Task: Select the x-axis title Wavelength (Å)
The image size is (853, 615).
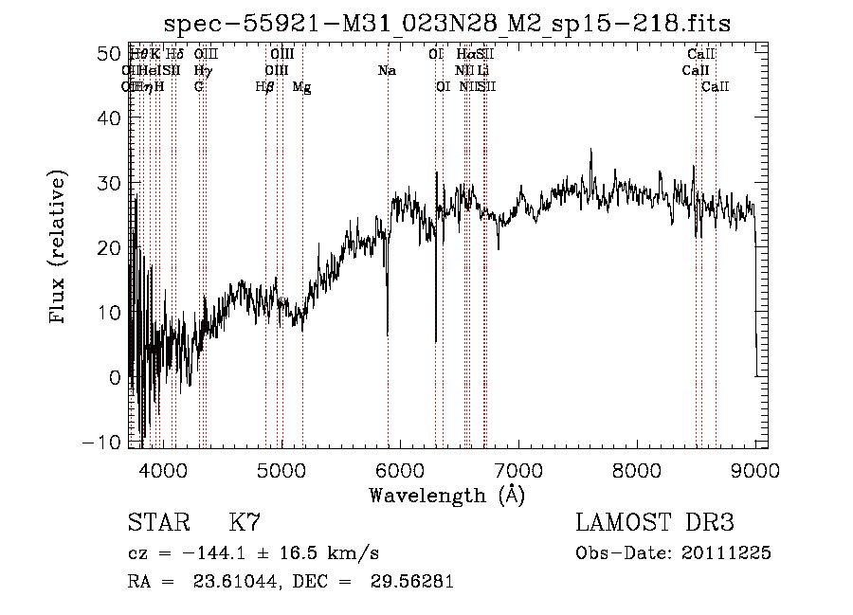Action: pyautogui.click(x=447, y=495)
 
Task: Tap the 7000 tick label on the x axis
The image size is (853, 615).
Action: pyautogui.click(x=518, y=469)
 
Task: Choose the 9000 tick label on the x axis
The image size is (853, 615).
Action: pyautogui.click(x=755, y=469)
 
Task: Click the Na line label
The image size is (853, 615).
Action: pyautogui.click(x=387, y=71)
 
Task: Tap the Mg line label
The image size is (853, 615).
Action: pyautogui.click(x=301, y=87)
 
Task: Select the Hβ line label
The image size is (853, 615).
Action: pyautogui.click(x=264, y=87)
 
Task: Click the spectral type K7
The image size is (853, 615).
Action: pyautogui.click(x=245, y=523)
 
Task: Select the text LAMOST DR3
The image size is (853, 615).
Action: pyautogui.click(x=654, y=523)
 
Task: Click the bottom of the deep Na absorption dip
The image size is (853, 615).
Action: pyautogui.click(x=387, y=334)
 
